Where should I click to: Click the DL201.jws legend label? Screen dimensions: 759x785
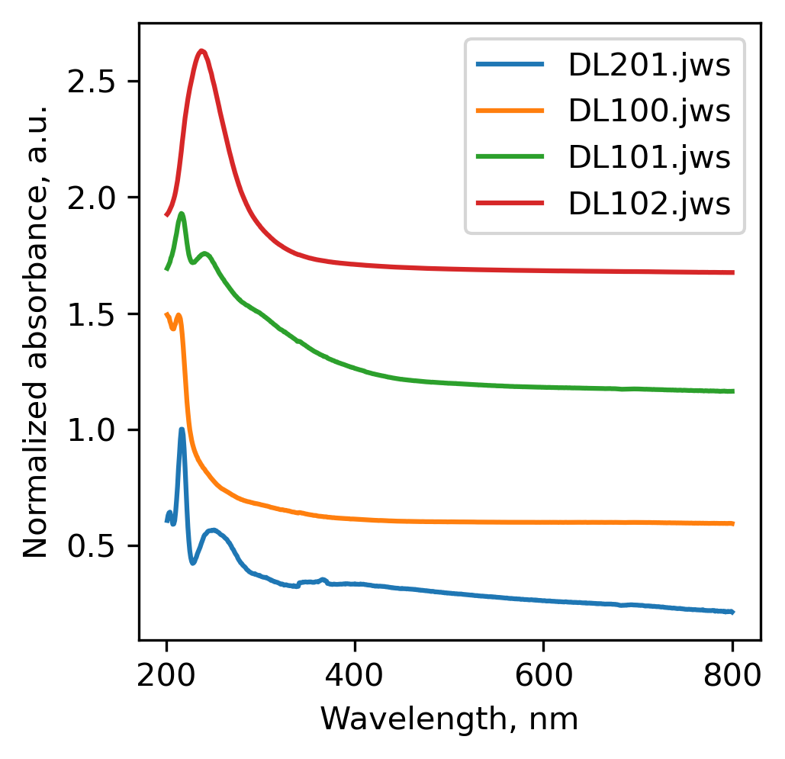point(649,66)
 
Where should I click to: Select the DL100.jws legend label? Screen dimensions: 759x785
point(649,112)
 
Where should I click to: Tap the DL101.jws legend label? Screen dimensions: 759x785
point(649,158)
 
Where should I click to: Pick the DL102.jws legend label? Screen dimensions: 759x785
point(649,204)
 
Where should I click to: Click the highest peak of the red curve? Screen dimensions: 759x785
point(201,51)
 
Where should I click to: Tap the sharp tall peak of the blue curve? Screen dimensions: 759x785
point(182,429)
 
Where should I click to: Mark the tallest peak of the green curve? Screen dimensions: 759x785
point(182,214)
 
